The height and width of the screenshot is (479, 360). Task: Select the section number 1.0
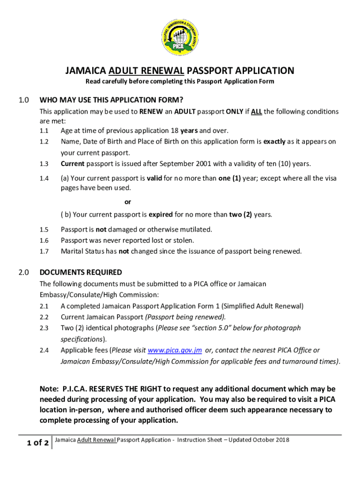[24, 100]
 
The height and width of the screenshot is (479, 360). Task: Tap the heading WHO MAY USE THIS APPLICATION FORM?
[111, 100]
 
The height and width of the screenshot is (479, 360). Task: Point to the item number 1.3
[44, 164]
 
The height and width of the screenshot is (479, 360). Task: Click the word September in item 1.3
[177, 164]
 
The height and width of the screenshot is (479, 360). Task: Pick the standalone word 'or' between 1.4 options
[127, 202]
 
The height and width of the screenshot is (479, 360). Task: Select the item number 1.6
[44, 240]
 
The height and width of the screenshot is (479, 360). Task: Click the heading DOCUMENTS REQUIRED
[81, 272]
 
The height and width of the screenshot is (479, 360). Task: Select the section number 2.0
[24, 272]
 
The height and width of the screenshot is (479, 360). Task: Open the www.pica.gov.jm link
[175, 350]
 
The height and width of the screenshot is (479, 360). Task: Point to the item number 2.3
[44, 328]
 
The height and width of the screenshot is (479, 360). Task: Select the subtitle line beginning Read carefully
[180, 82]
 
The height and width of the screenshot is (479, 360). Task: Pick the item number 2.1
[44, 306]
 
